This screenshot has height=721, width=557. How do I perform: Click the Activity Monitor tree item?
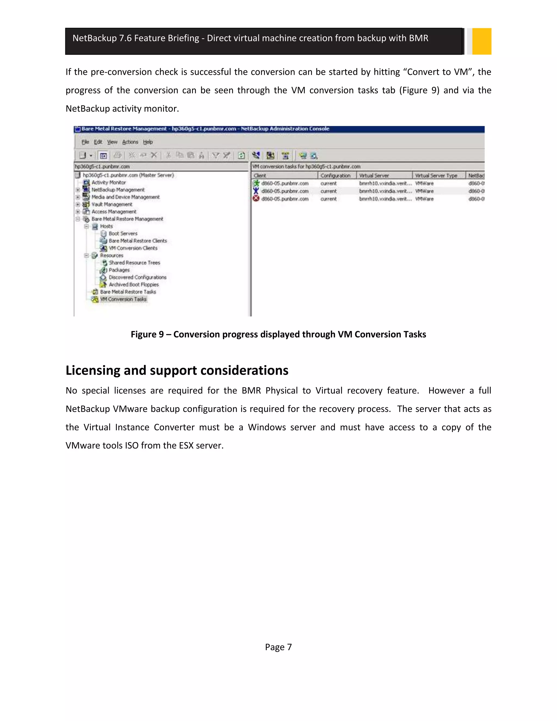[108, 182]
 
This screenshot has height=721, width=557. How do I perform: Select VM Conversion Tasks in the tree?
[123, 299]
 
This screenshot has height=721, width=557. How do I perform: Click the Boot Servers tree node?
[123, 233]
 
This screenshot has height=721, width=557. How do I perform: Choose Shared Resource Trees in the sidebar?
[134, 263]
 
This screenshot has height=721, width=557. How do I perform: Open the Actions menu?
[130, 142]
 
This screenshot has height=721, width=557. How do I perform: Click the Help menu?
[148, 142]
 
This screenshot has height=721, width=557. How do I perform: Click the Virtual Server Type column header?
[436, 176]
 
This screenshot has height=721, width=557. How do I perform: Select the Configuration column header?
[335, 176]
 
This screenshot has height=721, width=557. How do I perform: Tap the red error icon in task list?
[256, 198]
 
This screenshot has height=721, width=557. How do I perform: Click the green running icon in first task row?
[256, 183]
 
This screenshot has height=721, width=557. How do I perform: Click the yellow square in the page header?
[481, 41]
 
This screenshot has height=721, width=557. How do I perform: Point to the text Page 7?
[278, 647]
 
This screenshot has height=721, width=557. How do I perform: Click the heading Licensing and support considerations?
[177, 370]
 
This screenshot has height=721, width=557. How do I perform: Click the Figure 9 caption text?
[278, 334]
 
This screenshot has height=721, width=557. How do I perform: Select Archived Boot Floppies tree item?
[133, 284]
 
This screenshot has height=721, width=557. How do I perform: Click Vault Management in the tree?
[112, 204]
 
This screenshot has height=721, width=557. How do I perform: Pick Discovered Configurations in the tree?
[137, 277]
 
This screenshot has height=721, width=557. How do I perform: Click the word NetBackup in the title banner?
[94, 38]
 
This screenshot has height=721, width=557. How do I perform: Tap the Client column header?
[260, 176]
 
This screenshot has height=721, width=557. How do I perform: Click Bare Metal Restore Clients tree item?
[138, 241]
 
